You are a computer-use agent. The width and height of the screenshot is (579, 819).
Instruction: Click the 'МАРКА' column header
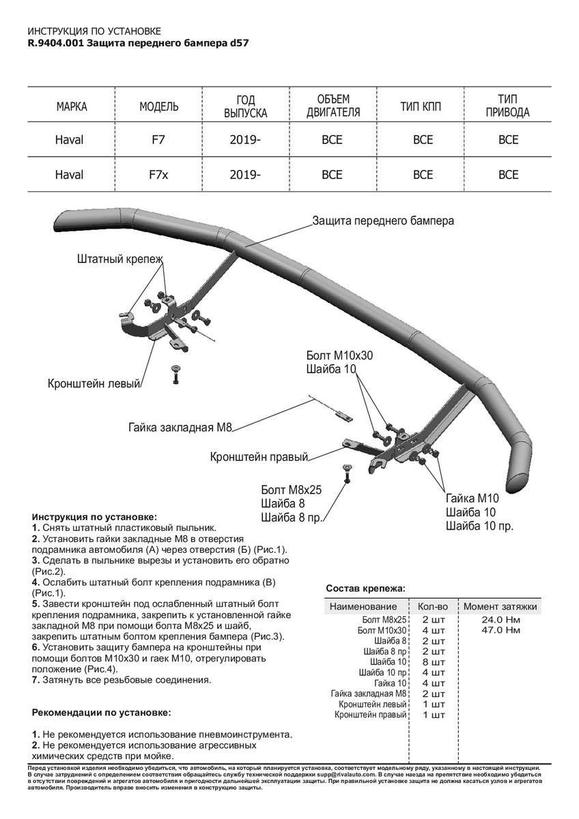click(x=72, y=106)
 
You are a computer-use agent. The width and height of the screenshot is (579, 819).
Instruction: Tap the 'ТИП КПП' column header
click(x=423, y=106)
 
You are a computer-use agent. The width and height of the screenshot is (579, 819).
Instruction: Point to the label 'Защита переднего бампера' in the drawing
click(x=382, y=221)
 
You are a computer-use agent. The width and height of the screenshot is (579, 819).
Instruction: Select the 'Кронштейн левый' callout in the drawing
click(x=94, y=384)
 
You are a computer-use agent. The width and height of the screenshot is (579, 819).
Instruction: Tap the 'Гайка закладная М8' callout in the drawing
click(x=180, y=428)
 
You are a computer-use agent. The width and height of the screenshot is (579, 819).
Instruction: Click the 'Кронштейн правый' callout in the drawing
click(x=259, y=457)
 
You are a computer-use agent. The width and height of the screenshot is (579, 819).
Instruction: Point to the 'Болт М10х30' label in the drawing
click(x=340, y=356)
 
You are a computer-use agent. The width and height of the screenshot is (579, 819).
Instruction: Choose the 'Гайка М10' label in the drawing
click(x=473, y=498)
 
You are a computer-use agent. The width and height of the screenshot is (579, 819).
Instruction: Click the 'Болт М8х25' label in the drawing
click(x=291, y=490)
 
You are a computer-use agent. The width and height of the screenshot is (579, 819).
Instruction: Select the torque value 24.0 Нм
click(x=500, y=620)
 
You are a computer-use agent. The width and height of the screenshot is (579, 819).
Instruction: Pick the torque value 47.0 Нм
click(x=500, y=631)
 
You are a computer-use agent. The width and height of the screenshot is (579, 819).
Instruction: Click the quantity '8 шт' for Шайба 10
click(x=434, y=662)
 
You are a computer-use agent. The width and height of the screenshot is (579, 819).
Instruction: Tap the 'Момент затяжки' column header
click(x=500, y=606)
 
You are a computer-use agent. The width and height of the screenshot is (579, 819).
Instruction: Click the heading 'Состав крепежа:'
click(x=365, y=588)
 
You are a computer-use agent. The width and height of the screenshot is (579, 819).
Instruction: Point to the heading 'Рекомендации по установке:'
click(x=102, y=713)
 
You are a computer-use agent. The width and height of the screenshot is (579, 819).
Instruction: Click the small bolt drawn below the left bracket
click(x=176, y=374)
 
